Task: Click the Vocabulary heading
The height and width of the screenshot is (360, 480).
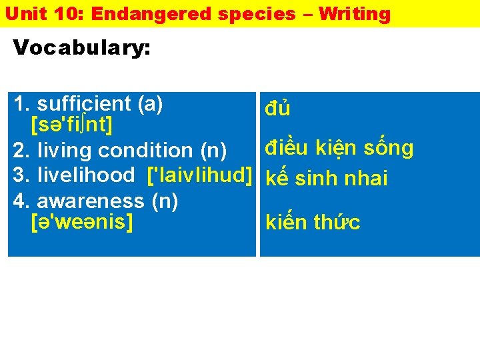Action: (82, 48)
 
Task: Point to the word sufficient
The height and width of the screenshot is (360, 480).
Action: (84, 104)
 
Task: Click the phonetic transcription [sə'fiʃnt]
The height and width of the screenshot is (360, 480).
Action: (71, 125)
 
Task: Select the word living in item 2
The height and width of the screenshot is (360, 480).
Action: (65, 151)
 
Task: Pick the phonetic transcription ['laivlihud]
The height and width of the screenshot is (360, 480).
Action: (199, 175)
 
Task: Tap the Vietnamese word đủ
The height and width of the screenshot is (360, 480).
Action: (277, 108)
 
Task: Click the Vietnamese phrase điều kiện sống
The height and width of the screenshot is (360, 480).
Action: (339, 148)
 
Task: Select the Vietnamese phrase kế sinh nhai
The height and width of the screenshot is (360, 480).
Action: (327, 178)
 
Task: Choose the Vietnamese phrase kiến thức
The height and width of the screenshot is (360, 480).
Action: (313, 222)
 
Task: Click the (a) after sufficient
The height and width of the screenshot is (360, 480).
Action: (150, 104)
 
